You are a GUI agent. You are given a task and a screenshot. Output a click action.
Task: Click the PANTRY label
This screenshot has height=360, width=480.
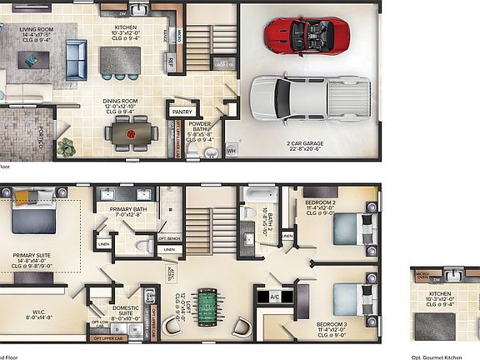pyautogui.click(x=182, y=112)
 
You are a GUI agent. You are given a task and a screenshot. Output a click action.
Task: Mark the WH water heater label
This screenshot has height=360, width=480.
pyautogui.click(x=231, y=150)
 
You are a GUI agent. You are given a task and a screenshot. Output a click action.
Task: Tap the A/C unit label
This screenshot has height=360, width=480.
pyautogui.click(x=275, y=297)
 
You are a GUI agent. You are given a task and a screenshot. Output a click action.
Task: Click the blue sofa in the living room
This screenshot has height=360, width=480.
pyautogui.click(x=77, y=57)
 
